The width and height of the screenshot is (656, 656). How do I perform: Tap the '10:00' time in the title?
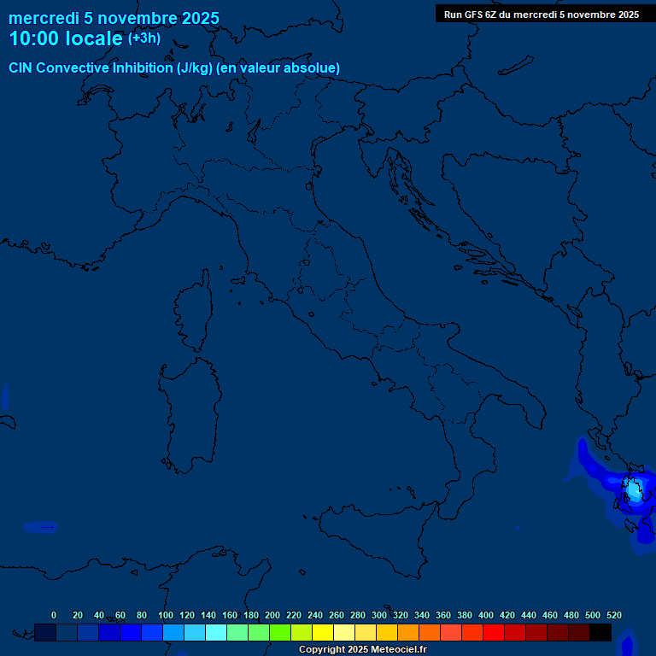pos(34,38)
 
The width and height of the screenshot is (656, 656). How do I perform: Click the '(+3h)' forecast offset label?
pos(143,38)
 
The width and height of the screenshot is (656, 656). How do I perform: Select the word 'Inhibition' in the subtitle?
pos(142,67)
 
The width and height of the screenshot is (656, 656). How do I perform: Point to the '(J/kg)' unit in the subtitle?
pos(196,67)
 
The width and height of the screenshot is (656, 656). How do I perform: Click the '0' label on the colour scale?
pos(54,615)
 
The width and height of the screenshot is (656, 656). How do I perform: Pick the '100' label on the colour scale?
pos(166,615)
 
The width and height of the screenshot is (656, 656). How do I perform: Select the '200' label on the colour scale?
pos(272,615)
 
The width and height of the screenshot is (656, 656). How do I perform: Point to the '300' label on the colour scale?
pos(379,615)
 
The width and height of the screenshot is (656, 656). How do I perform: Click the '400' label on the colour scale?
pos(486,615)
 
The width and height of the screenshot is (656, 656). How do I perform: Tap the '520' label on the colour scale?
pos(613,615)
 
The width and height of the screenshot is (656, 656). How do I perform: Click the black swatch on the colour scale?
pos(600,633)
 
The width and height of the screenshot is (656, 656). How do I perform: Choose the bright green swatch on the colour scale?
pos(280,633)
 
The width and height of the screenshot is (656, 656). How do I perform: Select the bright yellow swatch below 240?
pos(323,633)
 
